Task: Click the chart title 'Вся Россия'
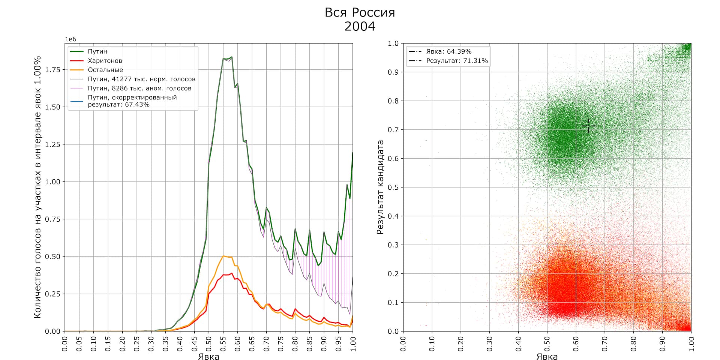coord(360,13)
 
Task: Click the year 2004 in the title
coord(360,27)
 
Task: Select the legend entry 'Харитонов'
coord(105,61)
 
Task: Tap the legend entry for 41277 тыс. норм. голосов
coord(141,79)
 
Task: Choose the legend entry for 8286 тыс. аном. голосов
coord(139,88)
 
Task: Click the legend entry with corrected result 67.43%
coord(132,101)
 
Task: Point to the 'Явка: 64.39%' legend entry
coord(448,51)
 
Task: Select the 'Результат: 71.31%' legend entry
coord(457,61)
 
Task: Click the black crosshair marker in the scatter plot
coord(589,126)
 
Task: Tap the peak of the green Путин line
coord(232,57)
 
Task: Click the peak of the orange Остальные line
coord(223,256)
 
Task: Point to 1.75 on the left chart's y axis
coord(52,70)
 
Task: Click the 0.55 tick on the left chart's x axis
coord(223,343)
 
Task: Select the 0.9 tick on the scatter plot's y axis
coord(393,72)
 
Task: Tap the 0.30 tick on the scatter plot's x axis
coord(489,343)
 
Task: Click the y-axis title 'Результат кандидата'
coord(380,187)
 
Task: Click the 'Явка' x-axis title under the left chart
coord(208,356)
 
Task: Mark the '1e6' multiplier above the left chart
coord(70,39)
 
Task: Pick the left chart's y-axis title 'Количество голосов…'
coord(37,187)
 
